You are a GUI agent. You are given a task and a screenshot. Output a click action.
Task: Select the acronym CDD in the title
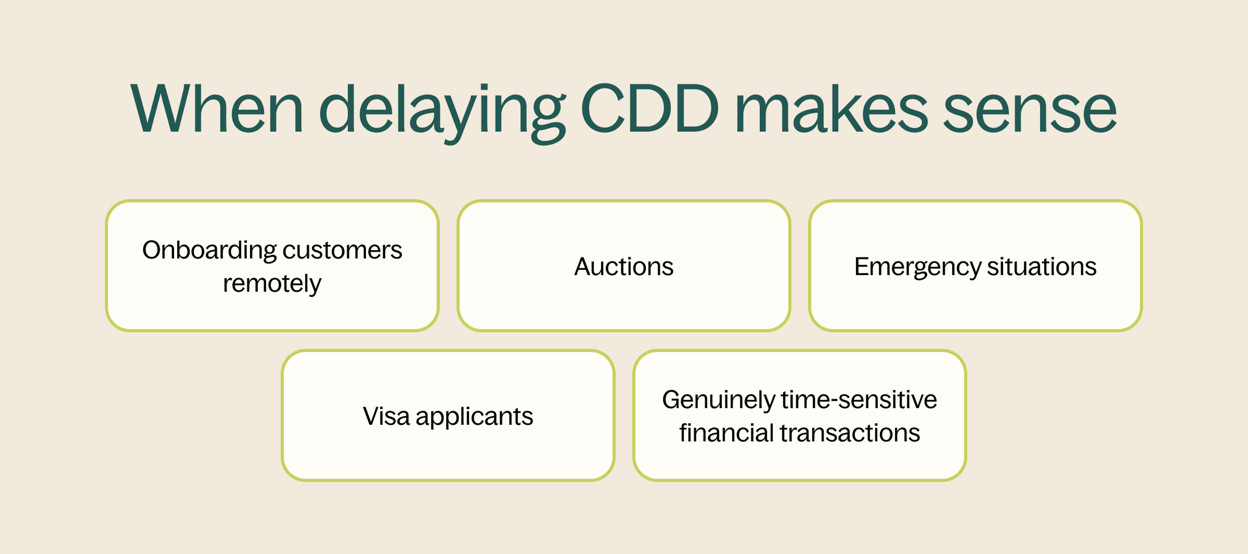tap(649, 109)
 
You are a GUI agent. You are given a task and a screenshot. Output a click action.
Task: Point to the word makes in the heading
tap(831, 109)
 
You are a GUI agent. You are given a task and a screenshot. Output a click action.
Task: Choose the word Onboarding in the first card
tap(209, 251)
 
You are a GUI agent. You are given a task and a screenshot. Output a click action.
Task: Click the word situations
tap(1042, 267)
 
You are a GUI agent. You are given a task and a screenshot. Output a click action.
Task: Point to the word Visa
tap(386, 416)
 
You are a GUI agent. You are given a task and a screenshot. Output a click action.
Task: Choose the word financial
tap(726, 433)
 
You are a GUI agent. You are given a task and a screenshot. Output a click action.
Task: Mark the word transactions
tap(850, 433)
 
